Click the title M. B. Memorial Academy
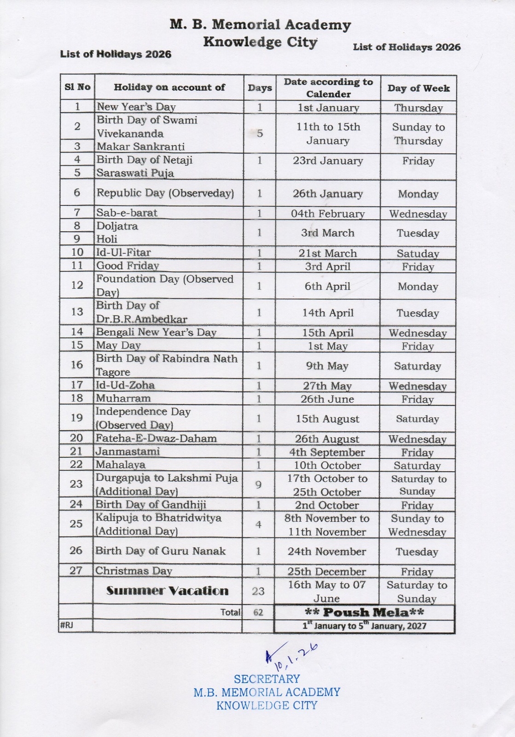260,24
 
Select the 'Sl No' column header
77,87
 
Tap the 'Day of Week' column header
418,88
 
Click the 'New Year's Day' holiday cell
136,107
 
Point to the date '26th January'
328,194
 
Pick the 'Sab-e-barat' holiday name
127,213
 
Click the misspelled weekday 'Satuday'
418,253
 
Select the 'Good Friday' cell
127,266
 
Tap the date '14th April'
328,313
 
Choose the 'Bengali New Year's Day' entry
156,332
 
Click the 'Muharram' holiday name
123,398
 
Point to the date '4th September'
327,452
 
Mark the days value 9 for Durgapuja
258,485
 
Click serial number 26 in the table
76,550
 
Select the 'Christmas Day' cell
133,571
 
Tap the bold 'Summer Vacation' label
167,591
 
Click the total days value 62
258,613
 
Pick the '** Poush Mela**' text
364,613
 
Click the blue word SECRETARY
267,679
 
